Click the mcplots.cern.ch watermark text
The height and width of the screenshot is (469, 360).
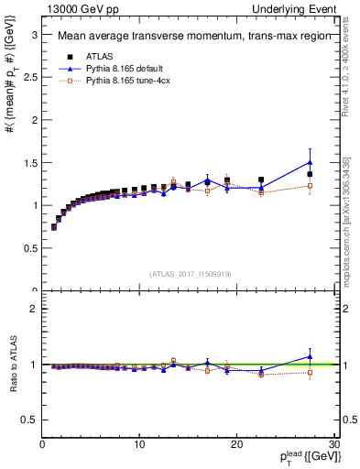coord(349,229)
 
